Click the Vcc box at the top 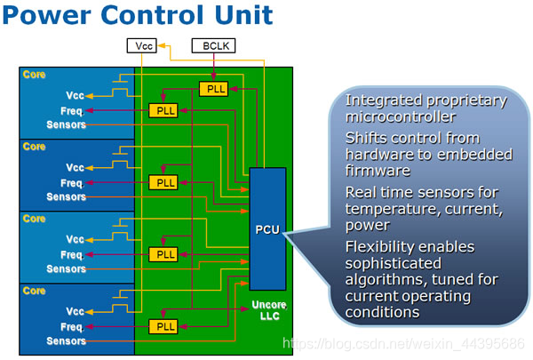tap(141, 45)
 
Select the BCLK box tap(213, 45)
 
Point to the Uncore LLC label tap(266, 311)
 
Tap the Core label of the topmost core tap(35, 75)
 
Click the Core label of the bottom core tap(35, 291)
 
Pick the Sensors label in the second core tap(67, 196)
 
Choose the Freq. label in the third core tap(72, 254)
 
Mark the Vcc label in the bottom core tap(75, 312)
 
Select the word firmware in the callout tap(380, 170)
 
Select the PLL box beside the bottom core tap(163, 326)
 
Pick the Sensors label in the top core tap(67, 124)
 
